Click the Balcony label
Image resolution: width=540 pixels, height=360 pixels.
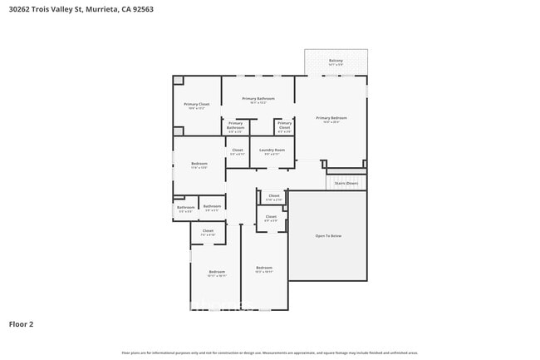[336, 61]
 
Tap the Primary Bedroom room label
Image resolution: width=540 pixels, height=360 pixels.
[331, 118]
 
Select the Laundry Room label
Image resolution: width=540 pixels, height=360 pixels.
[272, 150]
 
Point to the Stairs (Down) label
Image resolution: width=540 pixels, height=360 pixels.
[346, 183]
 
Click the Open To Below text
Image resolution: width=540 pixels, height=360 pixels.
[327, 236]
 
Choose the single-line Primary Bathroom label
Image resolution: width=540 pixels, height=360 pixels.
[258, 99]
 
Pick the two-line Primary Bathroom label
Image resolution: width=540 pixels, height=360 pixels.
[236, 126]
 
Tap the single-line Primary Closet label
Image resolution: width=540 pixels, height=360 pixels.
[196, 105]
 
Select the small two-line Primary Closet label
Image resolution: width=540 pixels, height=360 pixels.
[284, 126]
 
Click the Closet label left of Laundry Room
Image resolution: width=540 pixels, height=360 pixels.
[237, 150]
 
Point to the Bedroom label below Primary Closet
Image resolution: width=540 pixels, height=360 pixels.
[199, 163]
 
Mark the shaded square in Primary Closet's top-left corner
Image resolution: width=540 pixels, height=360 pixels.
[178, 81]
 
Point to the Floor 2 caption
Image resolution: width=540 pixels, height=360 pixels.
[21, 323]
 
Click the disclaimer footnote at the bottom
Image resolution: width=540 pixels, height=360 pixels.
[270, 353]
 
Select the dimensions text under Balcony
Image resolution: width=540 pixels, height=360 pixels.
[336, 65]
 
